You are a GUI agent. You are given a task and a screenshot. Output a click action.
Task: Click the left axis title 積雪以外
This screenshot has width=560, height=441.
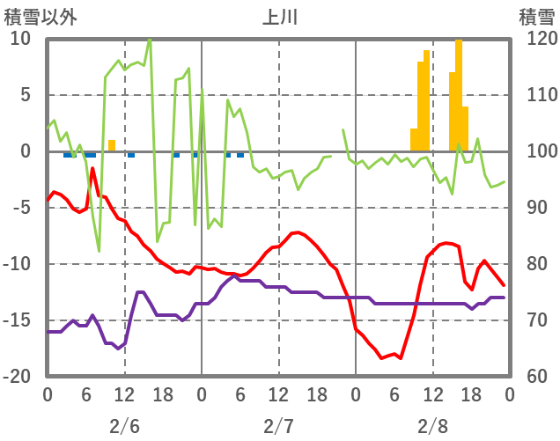pyautogui.click(x=41, y=16)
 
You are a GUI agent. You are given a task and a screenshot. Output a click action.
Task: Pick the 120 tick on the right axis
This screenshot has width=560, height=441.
pyautogui.click(x=537, y=39)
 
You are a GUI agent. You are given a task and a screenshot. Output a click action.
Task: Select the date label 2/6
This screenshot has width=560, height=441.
pyautogui.click(x=124, y=426)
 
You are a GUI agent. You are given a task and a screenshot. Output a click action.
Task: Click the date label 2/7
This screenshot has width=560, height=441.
pyautogui.click(x=278, y=426)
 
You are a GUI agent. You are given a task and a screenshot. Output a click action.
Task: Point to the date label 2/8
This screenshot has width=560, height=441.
pyautogui.click(x=432, y=426)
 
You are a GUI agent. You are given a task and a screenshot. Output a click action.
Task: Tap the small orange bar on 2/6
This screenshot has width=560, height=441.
pyautogui.click(x=112, y=145)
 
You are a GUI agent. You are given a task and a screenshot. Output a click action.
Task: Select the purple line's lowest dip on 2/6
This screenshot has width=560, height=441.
pyautogui.click(x=118, y=349)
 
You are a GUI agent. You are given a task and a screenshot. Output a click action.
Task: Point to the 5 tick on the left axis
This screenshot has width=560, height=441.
pyautogui.click(x=25, y=95)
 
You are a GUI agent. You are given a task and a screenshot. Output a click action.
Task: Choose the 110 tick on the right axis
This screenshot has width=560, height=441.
pyautogui.click(x=537, y=95)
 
